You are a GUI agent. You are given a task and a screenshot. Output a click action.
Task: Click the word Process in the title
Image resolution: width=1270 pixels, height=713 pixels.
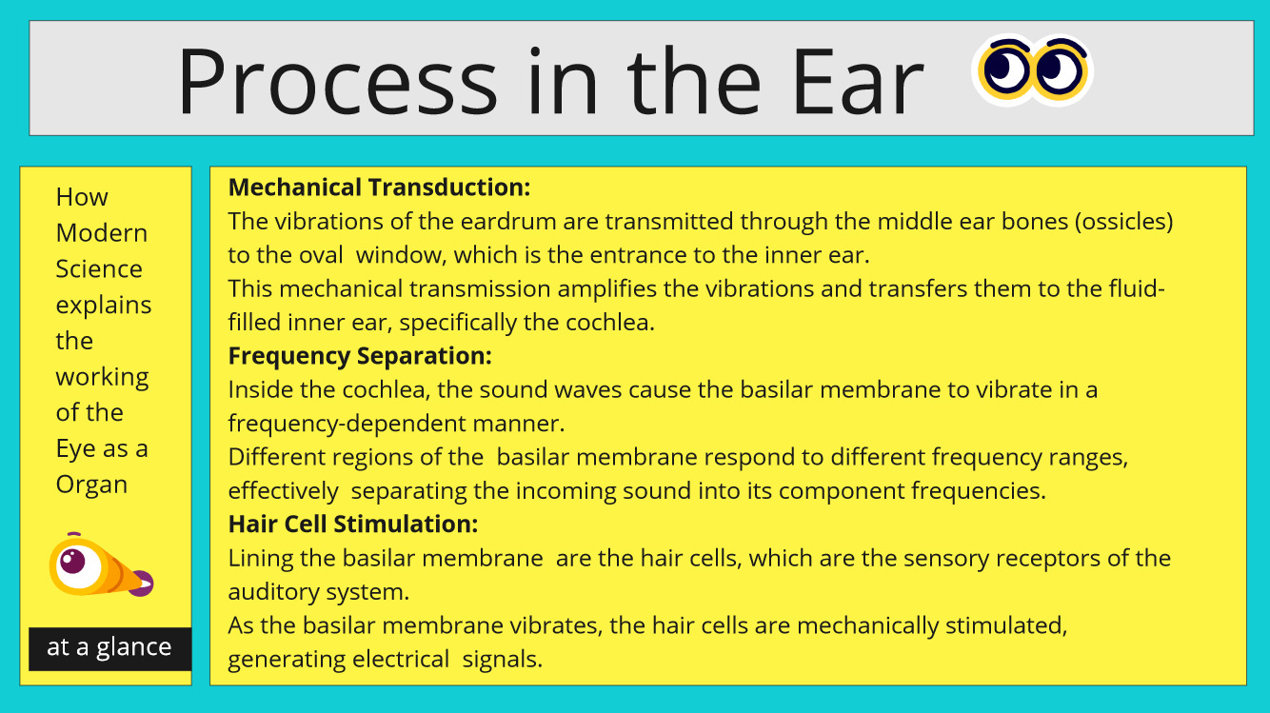tap(338, 81)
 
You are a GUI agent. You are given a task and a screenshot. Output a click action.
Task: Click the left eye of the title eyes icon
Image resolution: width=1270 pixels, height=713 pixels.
tap(1005, 69)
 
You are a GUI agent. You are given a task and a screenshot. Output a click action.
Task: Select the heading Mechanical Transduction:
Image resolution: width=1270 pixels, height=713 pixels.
tap(379, 188)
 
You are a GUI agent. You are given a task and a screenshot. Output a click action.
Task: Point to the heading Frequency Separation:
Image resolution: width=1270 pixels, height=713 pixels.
tap(360, 356)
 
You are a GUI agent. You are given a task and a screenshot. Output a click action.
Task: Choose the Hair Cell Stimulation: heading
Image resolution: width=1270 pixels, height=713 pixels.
tap(353, 525)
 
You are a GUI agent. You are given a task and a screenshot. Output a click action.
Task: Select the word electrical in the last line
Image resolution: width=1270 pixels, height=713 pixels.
tap(401, 659)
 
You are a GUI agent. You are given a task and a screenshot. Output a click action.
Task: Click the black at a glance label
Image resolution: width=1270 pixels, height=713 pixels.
tap(110, 648)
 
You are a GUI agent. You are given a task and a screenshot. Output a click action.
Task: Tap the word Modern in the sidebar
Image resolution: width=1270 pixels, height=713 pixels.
tap(102, 233)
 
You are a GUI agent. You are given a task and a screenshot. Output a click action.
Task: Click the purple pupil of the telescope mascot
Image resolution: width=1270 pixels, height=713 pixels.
tap(72, 561)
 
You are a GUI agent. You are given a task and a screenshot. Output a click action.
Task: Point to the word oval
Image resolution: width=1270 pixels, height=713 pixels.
tap(320, 256)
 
